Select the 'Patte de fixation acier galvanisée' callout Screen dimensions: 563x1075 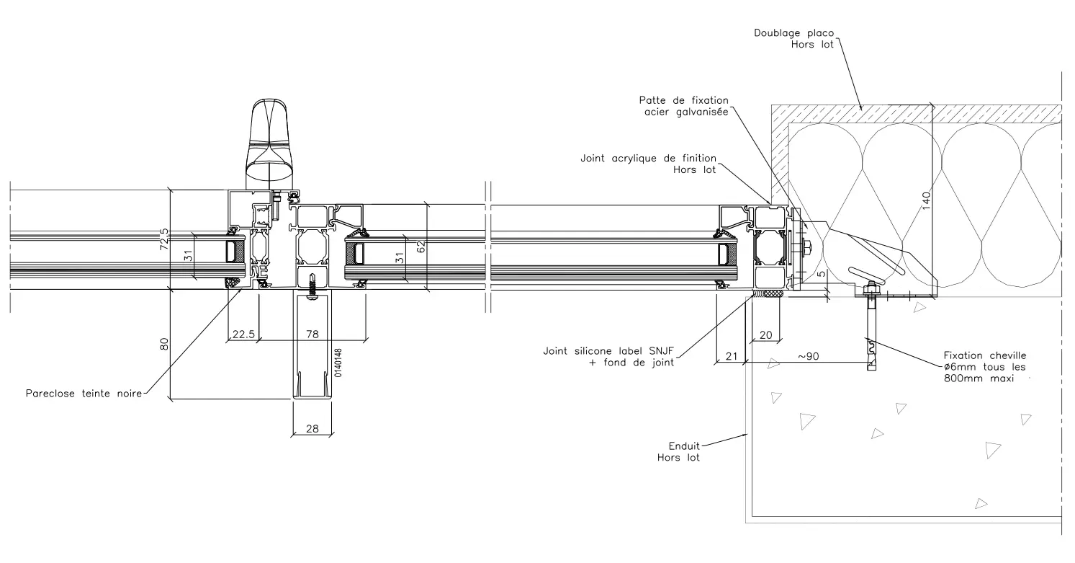[684, 105]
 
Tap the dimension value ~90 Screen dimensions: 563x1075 [808, 356]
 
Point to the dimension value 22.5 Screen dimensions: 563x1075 [242, 334]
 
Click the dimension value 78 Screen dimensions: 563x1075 [312, 334]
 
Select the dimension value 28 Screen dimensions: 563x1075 [312, 429]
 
